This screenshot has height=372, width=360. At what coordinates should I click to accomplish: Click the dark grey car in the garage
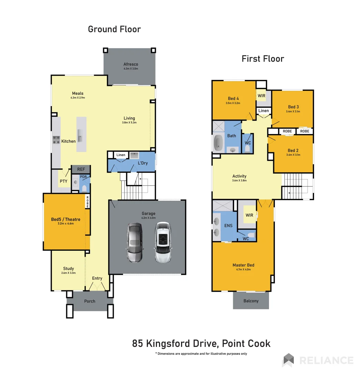134,242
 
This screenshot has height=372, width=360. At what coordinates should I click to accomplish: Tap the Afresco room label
131,64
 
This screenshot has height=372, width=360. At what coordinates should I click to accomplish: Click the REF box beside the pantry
81,169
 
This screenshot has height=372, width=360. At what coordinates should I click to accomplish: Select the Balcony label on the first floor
251,301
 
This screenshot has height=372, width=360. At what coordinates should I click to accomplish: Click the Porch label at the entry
90,301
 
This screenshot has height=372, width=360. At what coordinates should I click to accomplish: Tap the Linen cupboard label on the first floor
263,111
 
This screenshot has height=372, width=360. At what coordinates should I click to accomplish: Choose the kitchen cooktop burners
56,140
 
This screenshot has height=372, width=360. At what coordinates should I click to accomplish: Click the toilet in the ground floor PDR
84,188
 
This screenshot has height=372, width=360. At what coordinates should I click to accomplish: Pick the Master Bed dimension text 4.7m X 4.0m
243,270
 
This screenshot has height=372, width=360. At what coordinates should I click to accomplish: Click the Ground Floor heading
114,29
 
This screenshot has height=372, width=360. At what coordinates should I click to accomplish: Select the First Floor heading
263,59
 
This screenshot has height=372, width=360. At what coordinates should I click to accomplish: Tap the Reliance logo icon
288,360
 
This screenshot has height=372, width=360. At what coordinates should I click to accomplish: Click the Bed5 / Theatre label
66,219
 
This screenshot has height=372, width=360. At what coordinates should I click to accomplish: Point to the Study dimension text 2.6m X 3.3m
68,273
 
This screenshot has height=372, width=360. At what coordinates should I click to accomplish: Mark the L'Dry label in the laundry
143,163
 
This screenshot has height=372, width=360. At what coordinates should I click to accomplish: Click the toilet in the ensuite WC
251,235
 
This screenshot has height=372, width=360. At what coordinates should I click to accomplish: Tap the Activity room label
239,176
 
